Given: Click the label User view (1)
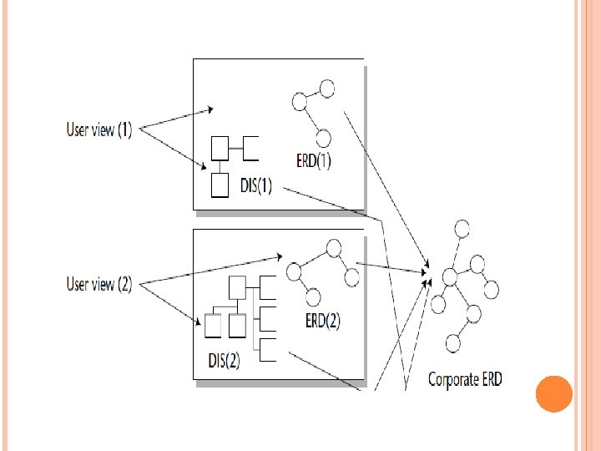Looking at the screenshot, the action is (99, 129).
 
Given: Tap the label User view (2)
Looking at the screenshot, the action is (99, 284).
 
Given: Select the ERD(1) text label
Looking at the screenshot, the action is (314, 160).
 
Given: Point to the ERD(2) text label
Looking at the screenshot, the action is (323, 321).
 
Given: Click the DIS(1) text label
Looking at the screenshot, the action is (256, 185).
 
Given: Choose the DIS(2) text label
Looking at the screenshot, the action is (225, 360).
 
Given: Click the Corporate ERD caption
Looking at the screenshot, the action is (465, 379).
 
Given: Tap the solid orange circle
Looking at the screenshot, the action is (554, 394).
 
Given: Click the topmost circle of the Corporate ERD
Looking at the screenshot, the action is (462, 229).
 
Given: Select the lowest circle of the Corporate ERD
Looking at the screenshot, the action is (453, 343).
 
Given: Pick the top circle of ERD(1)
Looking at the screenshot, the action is (327, 89).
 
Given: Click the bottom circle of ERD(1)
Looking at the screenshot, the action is (323, 138).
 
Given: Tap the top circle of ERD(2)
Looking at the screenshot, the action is (334, 248).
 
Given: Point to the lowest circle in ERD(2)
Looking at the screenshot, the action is (313, 297).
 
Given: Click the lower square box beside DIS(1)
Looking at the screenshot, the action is (220, 185).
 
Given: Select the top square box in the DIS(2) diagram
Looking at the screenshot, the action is (237, 287).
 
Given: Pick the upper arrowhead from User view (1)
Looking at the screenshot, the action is (210, 109).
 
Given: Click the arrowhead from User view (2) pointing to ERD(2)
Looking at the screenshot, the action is (280, 256).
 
